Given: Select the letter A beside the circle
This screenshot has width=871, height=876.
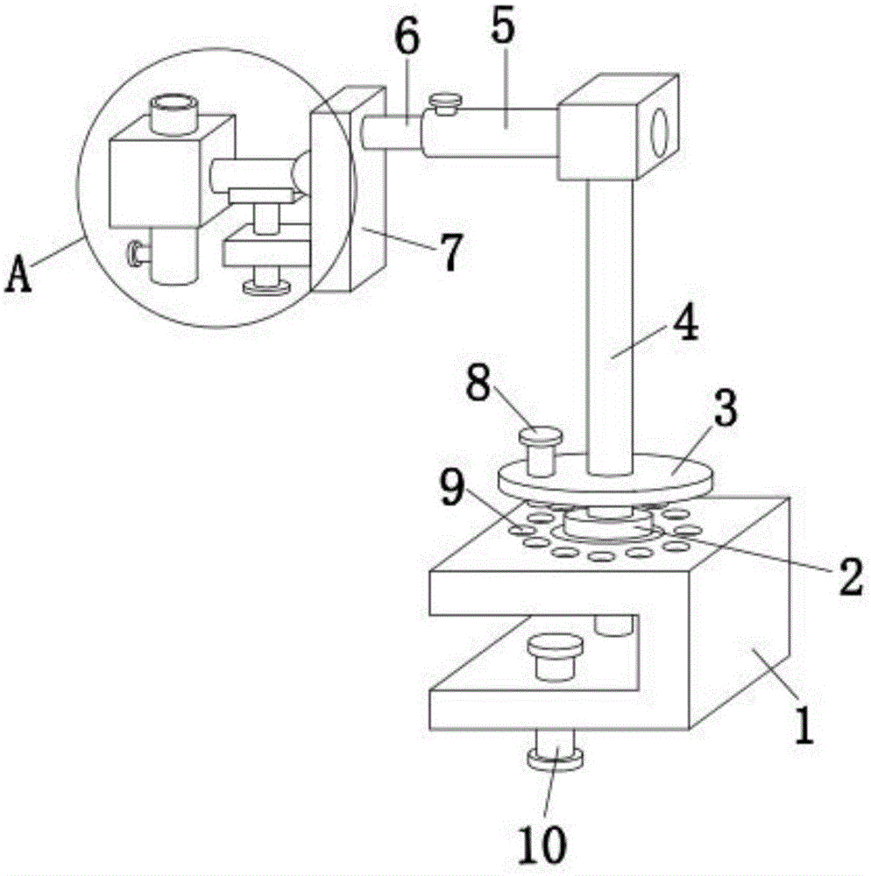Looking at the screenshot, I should click(x=20, y=279).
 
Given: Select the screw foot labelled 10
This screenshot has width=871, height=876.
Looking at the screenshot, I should click(x=556, y=755).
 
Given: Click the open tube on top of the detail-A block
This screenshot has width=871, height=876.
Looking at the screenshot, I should click(x=175, y=111).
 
